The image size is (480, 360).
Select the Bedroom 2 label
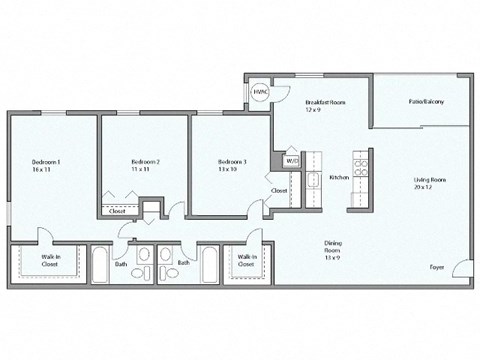tap(146, 166)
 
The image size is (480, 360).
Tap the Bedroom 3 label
tap(233, 166)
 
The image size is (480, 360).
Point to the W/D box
tap(292, 160)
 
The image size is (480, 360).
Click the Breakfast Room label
tap(326, 104)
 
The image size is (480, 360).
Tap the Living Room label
tap(430, 183)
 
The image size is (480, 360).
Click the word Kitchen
tap(339, 177)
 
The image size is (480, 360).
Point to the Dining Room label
tap(334, 247)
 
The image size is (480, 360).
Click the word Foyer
tap(436, 268)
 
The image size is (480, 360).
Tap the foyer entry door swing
tap(459, 267)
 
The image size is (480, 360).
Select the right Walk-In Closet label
tap(245, 260)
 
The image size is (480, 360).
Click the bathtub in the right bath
tap(210, 264)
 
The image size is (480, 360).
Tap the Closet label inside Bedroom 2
tap(118, 212)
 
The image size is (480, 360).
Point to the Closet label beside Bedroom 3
tap(279, 190)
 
